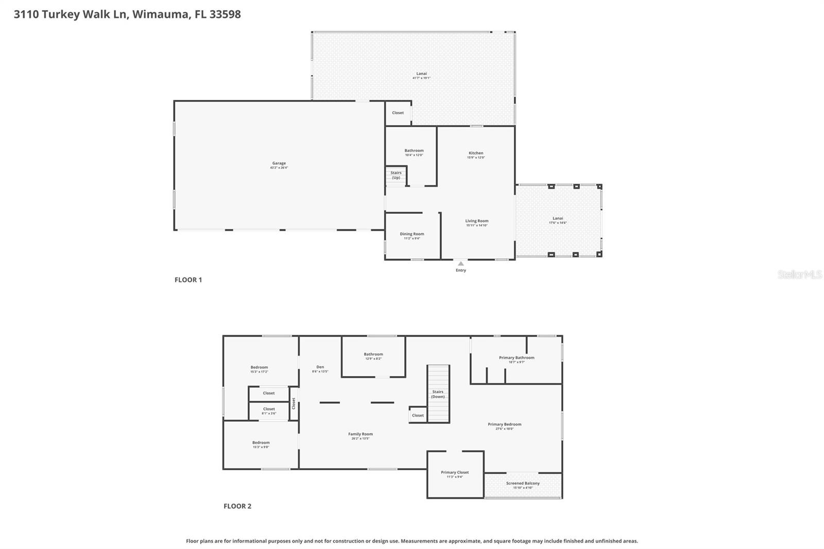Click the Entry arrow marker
click(460, 264)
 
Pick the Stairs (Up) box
click(396, 175)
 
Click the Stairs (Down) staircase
click(438, 394)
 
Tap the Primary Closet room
click(455, 474)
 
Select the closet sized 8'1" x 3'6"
click(269, 410)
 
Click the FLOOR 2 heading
click(237, 506)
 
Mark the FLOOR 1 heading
click(188, 280)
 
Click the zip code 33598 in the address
click(225, 14)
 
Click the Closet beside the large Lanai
click(398, 113)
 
